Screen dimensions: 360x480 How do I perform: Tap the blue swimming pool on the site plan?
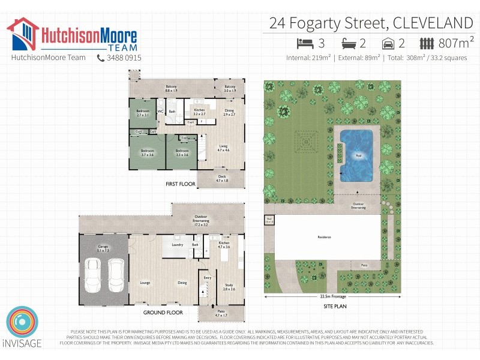(x=356, y=154)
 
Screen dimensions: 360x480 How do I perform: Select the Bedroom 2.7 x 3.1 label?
(x=143, y=112)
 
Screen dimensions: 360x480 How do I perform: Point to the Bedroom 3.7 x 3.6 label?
(x=148, y=152)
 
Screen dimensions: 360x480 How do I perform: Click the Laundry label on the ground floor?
(x=177, y=245)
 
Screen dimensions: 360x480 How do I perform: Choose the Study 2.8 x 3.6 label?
(x=229, y=287)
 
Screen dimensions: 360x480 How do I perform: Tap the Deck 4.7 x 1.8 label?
(x=222, y=178)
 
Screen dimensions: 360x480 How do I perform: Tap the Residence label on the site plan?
(x=325, y=238)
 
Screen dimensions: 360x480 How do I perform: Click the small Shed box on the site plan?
(x=269, y=220)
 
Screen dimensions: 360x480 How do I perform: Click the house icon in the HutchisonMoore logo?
(x=22, y=34)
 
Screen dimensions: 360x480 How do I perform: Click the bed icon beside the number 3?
(x=305, y=43)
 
